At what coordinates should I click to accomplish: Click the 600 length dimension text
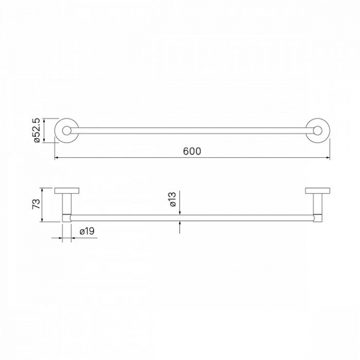pyautogui.click(x=192, y=151)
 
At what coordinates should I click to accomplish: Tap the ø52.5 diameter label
pyautogui.click(x=37, y=130)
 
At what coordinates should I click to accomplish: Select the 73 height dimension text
pyautogui.click(x=36, y=204)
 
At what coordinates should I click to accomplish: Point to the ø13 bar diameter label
pyautogui.click(x=173, y=199)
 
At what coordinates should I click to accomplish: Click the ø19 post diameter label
pyautogui.click(x=87, y=231)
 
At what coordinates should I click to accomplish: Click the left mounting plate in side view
pyautogui.click(x=67, y=191)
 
